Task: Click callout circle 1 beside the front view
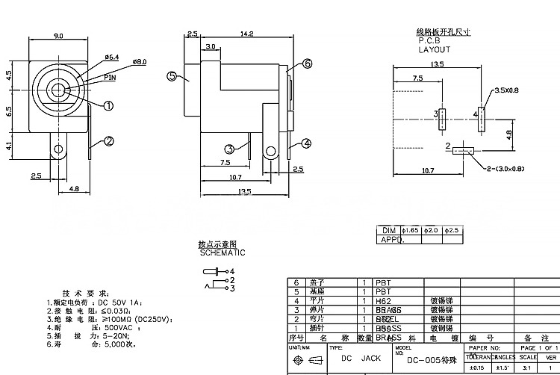pyautogui.click(x=108, y=105)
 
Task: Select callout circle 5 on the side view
pyautogui.click(x=171, y=76)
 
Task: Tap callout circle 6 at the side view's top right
pyautogui.click(x=306, y=64)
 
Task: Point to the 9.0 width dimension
pyautogui.click(x=58, y=36)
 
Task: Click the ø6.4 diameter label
pyautogui.click(x=112, y=57)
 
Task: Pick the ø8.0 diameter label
pyautogui.click(x=139, y=61)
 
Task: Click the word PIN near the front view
pyautogui.click(x=110, y=77)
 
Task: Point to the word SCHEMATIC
pyautogui.click(x=222, y=252)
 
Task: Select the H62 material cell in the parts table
pyautogui.click(x=382, y=300)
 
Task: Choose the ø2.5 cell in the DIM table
pyautogui.click(x=451, y=230)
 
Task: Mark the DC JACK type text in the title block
pyautogui.click(x=361, y=359)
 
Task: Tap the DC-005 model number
pyautogui.click(x=428, y=359)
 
